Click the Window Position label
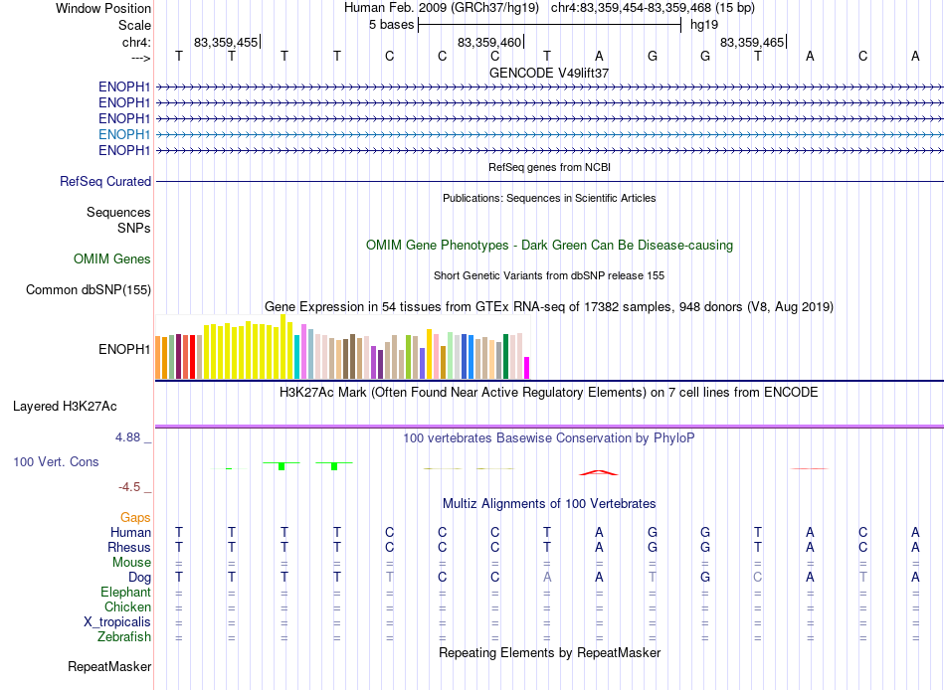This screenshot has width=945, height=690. coord(103,8)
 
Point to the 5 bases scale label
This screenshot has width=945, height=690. coord(392,25)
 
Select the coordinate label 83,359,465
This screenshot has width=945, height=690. coord(752,42)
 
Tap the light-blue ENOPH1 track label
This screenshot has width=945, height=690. coord(124,134)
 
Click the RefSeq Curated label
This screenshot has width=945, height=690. coord(105,181)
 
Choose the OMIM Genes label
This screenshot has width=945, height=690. coord(112,259)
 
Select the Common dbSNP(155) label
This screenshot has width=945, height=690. coord(89,290)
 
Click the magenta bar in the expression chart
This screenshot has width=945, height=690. coord(526,368)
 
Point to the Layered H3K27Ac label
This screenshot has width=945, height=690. coord(65,407)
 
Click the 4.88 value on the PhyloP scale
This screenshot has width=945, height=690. coord(127,436)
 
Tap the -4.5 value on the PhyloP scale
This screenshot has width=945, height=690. coord(129,487)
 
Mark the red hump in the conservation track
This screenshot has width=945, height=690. coord(599,472)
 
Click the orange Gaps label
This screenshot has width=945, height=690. coord(135,518)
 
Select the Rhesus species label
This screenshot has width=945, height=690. coord(129,547)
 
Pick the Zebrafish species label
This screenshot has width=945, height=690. coord(124,636)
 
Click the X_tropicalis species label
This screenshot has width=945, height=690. coord(117,622)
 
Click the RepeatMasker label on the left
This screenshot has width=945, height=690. coord(109,666)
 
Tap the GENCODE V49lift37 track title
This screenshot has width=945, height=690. coord(549,73)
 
